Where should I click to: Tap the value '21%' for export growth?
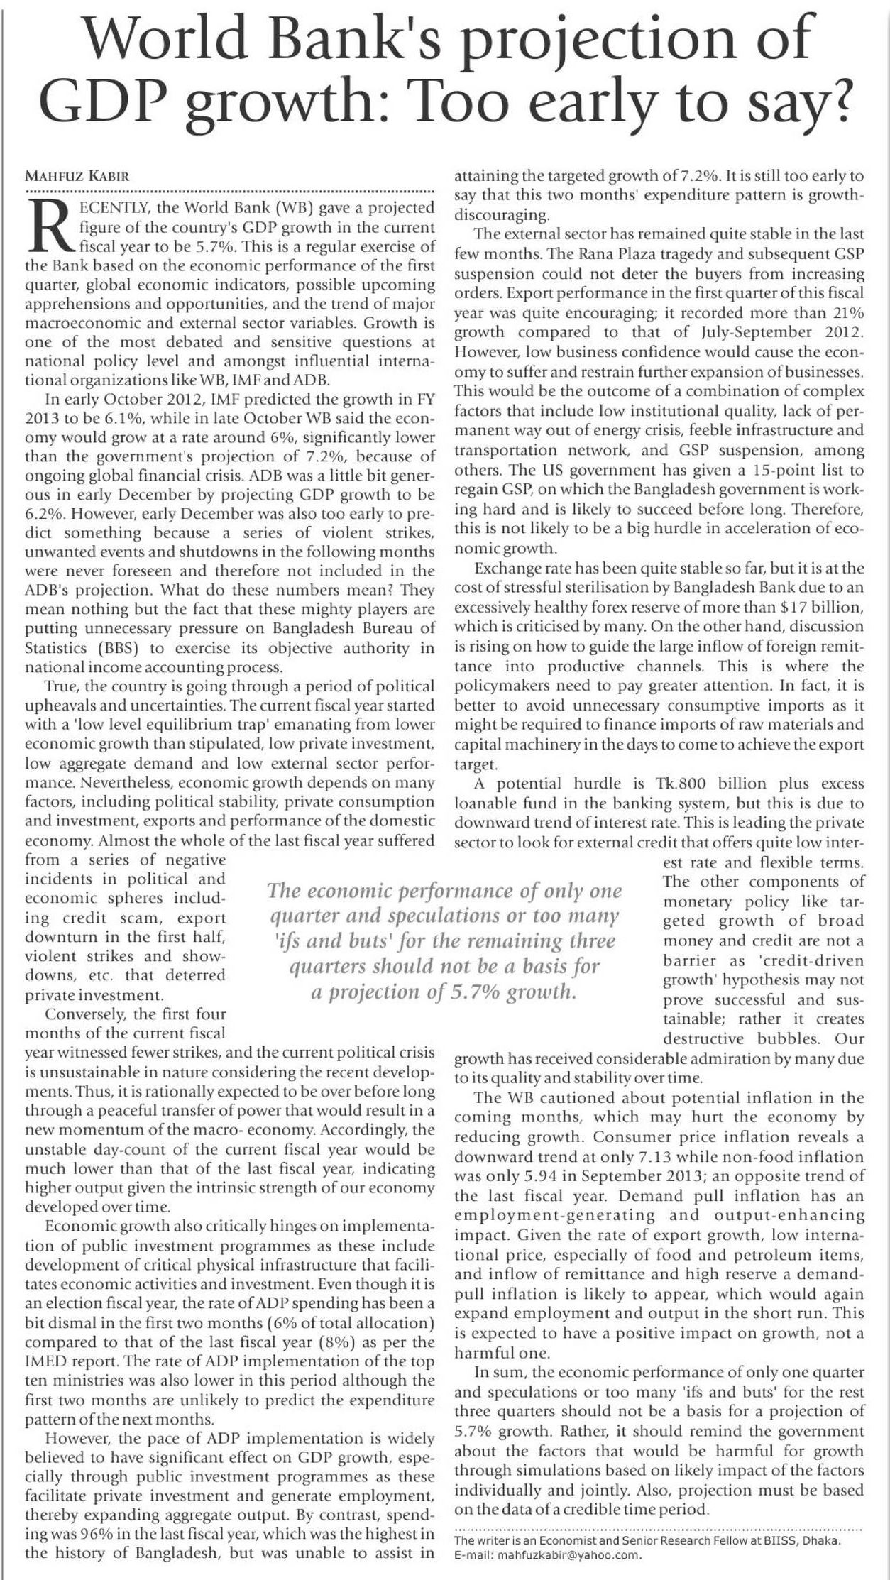[847, 313]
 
